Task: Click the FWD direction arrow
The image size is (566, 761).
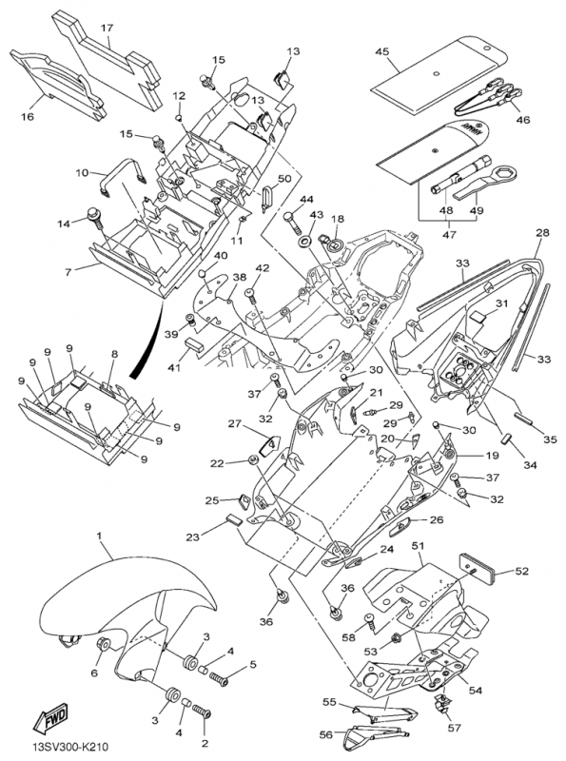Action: (x=50, y=718)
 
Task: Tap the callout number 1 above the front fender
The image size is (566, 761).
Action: (x=99, y=537)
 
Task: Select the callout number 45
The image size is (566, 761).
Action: (x=382, y=51)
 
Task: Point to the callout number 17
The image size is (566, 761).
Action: (x=107, y=28)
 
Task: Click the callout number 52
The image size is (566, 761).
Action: (x=522, y=572)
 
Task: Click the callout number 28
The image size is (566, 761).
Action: (x=543, y=232)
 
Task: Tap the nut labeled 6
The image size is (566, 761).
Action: (x=104, y=644)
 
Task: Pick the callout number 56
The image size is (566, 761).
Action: (x=326, y=735)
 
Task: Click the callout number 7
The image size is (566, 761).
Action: (x=68, y=271)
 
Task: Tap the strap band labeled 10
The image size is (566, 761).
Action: (x=123, y=176)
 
